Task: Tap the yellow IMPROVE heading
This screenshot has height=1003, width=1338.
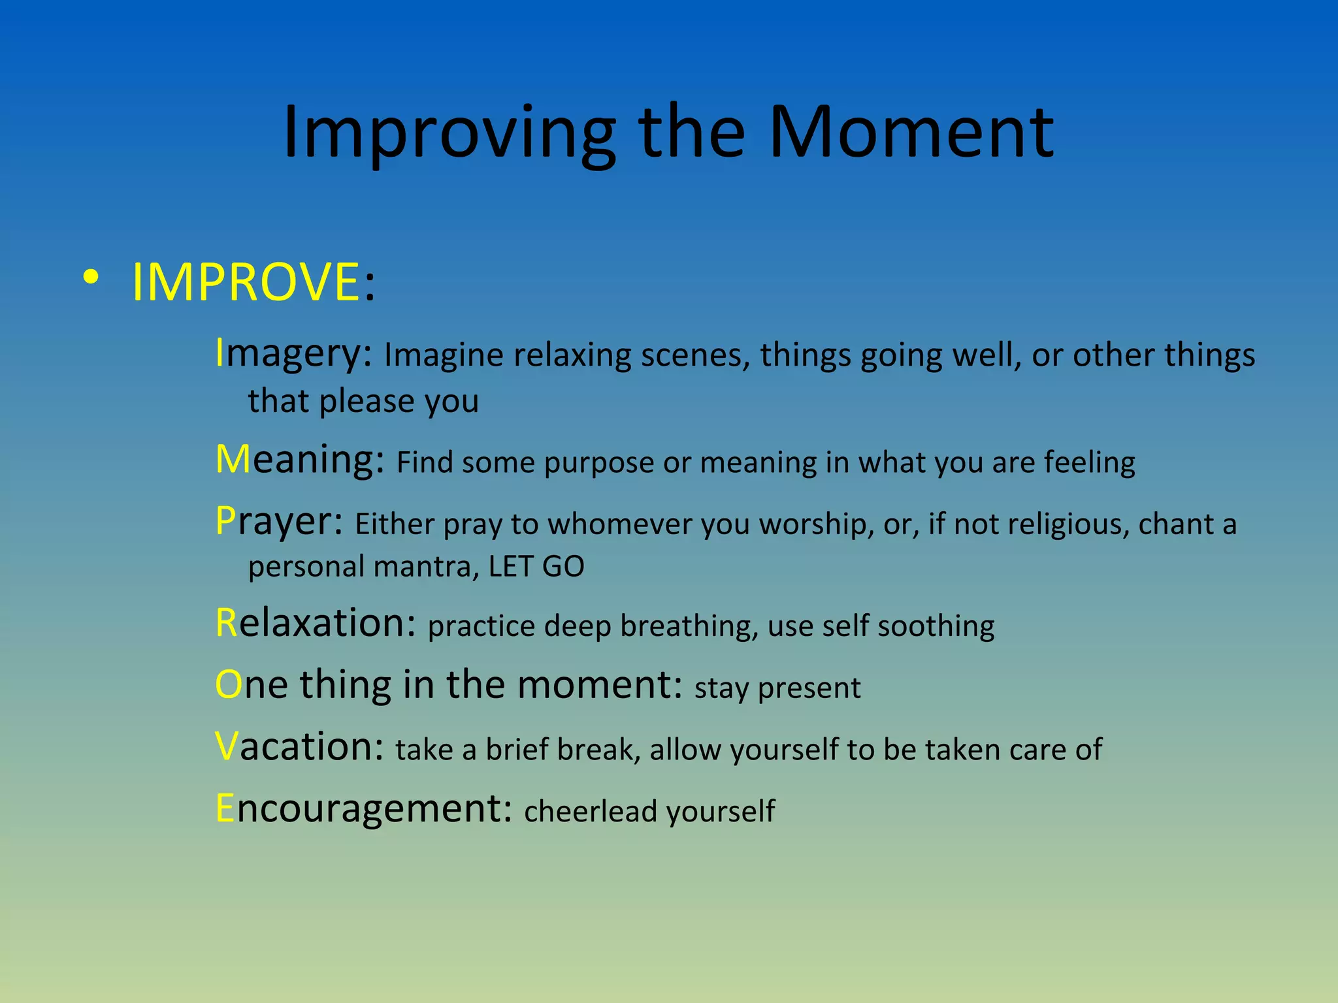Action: [x=246, y=282]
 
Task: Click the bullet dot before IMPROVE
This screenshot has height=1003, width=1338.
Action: [x=91, y=278]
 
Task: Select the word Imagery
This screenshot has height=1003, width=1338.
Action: [x=293, y=354]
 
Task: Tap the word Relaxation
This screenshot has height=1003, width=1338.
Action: [x=315, y=623]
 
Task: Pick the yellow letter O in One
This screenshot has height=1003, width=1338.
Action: [x=229, y=685]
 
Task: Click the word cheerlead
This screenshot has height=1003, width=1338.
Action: [x=591, y=812]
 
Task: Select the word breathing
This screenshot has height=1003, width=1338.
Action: [x=689, y=627]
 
